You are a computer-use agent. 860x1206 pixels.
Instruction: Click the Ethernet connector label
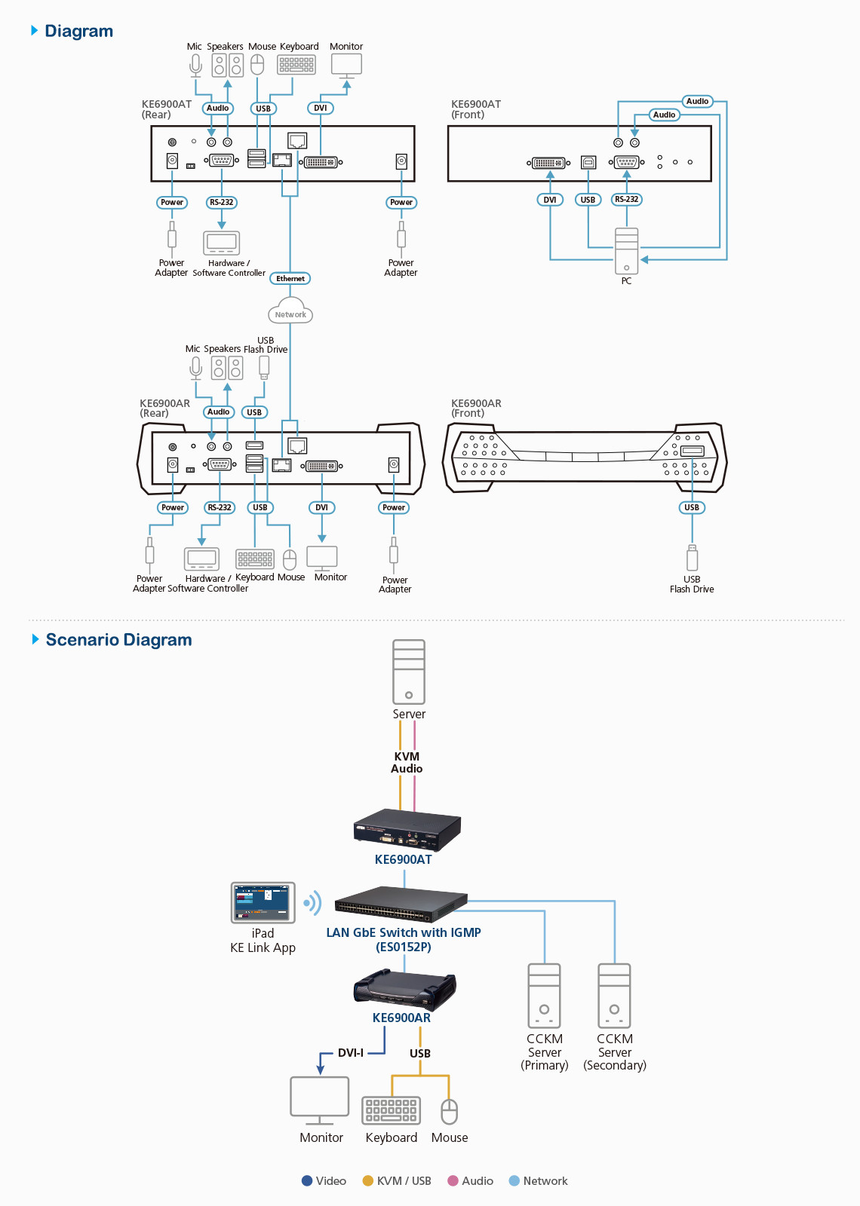tap(290, 279)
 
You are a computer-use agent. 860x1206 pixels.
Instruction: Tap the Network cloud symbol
tap(290, 314)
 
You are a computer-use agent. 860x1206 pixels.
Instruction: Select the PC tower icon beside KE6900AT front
tap(626, 251)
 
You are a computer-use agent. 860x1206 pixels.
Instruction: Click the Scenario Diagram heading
tap(118, 640)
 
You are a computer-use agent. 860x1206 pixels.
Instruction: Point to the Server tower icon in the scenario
tap(409, 672)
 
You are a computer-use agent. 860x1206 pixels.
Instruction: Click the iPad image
tap(263, 902)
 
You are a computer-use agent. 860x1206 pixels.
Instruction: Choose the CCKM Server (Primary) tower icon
tap(545, 996)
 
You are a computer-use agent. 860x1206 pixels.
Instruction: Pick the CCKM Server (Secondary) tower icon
tap(615, 996)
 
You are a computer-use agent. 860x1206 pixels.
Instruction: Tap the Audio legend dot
tap(453, 1181)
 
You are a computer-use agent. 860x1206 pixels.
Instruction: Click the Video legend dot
tap(307, 1181)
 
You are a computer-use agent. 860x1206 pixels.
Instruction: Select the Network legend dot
tap(514, 1181)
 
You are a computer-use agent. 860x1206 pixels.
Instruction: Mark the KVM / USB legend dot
tap(368, 1181)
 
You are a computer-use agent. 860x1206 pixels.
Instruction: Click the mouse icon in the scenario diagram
tap(450, 1112)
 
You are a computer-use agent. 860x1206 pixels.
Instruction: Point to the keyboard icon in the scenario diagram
tap(391, 1110)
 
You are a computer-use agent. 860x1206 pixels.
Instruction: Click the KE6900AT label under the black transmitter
tap(404, 859)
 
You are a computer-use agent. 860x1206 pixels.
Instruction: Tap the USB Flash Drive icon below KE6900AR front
tap(692, 559)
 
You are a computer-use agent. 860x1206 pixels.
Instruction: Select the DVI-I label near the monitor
tap(351, 1053)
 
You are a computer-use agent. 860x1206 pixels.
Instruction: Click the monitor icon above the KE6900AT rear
tap(346, 66)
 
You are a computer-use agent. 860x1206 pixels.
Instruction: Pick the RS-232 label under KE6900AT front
tap(626, 200)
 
